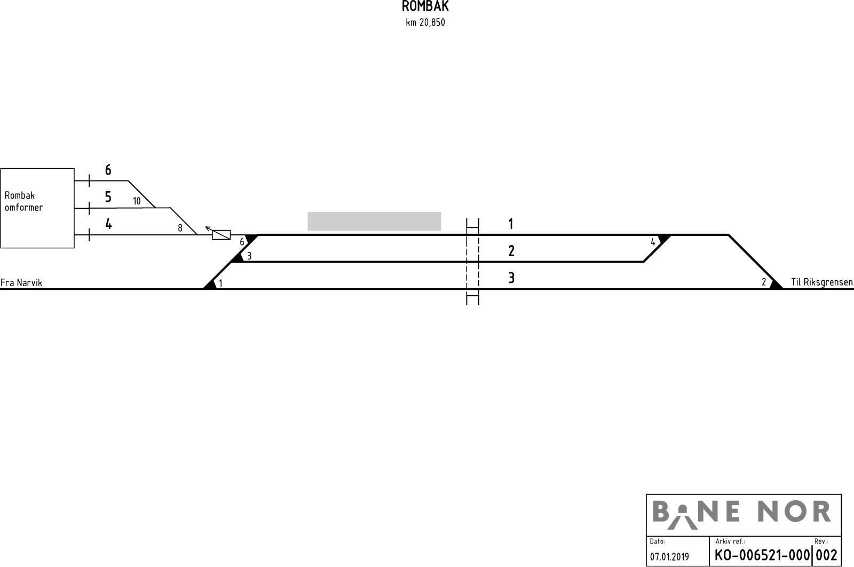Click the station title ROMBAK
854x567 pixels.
coord(425,6)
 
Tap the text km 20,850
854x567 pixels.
coord(425,22)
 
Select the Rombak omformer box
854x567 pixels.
coord(37,208)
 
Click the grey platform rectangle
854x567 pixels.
coord(374,221)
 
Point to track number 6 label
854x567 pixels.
coord(108,170)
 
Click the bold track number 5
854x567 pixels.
coord(108,197)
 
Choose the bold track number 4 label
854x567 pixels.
coord(109,224)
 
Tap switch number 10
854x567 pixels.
coord(137,201)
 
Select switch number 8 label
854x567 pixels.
coord(180,228)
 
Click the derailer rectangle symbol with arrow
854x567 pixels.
coord(218,233)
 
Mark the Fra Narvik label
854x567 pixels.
coord(21,282)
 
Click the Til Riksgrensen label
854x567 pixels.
coord(821,282)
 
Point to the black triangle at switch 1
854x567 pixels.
coord(210,284)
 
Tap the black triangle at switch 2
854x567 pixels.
coord(776,284)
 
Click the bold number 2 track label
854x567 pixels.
coord(511,251)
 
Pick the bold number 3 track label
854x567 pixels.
coord(511,278)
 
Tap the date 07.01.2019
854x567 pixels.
coord(669,557)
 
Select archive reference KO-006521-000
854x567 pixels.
coord(762,555)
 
